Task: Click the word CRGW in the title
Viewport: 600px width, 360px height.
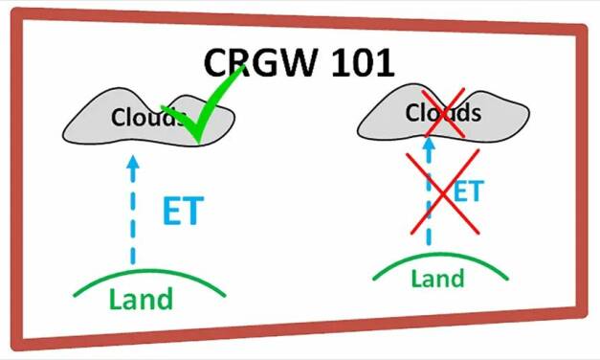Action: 263,63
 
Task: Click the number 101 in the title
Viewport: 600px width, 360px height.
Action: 360,63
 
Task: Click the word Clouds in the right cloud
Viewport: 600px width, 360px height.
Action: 442,113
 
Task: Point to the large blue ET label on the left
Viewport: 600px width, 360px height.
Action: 182,211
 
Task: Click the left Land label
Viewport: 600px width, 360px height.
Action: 141,299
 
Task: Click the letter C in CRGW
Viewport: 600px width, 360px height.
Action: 219,63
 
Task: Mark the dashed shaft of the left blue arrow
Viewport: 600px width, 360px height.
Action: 132,220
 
